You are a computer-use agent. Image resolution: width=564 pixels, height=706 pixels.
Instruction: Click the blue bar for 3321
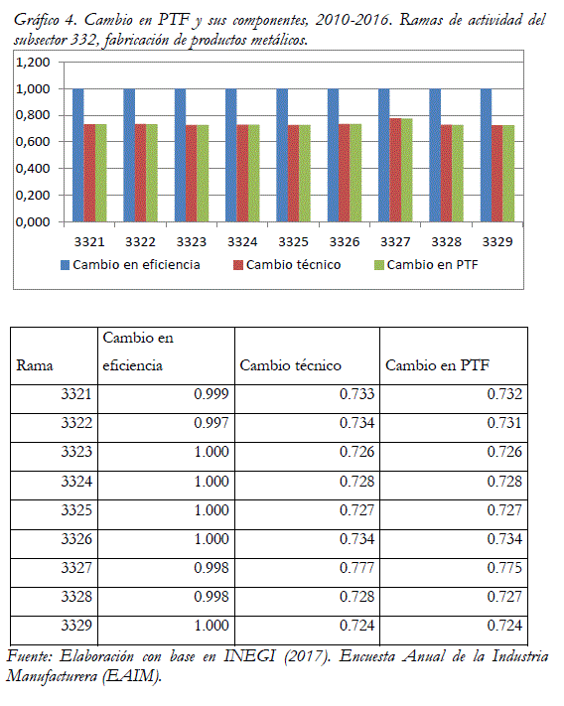77,155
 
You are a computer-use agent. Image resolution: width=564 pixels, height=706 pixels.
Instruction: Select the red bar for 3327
395,170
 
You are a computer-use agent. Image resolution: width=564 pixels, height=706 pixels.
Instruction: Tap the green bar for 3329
508,174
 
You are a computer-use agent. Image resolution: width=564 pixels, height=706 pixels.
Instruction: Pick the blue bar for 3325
282,155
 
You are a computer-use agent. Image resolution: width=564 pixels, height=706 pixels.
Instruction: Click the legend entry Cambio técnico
288,265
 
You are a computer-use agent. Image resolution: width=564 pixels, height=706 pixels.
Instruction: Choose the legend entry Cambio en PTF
426,265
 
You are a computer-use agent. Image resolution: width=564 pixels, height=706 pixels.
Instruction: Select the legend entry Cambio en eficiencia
130,265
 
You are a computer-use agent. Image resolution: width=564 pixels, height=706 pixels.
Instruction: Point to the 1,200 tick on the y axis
33,63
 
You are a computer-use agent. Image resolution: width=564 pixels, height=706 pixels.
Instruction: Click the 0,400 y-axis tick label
33,169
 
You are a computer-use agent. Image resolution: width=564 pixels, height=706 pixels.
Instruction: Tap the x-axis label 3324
242,242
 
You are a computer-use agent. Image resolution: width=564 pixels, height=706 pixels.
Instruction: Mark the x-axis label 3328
446,242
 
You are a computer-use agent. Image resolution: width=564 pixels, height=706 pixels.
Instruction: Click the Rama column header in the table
35,365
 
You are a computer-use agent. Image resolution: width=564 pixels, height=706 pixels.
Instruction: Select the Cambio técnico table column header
290,365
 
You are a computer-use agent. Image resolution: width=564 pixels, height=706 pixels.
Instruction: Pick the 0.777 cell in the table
356,568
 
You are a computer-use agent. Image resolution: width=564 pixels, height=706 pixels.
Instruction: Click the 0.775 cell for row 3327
504,568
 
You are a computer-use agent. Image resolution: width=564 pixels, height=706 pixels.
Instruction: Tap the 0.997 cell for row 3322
211,423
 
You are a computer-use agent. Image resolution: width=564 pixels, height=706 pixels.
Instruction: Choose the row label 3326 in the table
76,539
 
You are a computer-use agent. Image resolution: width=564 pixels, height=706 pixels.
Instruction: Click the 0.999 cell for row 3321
211,394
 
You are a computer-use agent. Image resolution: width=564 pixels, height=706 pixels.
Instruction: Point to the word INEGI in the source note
249,656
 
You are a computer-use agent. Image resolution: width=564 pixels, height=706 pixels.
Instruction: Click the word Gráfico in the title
37,20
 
